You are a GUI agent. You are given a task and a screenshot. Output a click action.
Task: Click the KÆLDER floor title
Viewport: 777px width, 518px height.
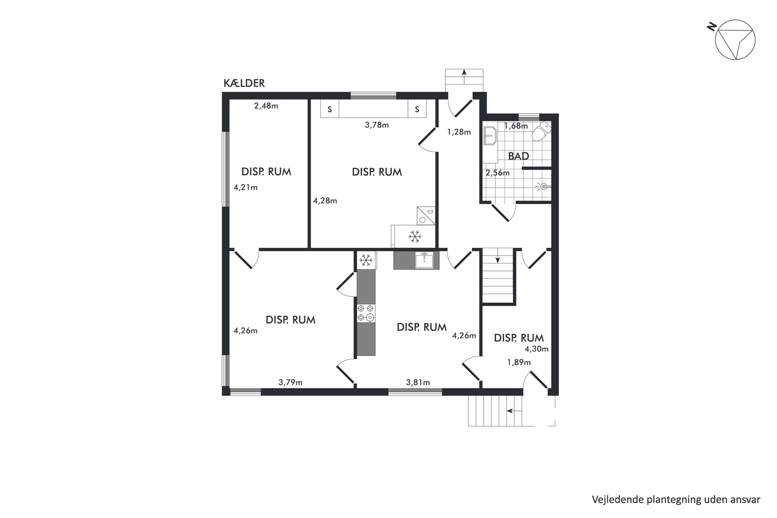coord(244,83)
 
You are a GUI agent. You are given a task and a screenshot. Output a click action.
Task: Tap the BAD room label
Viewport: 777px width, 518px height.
coord(519,156)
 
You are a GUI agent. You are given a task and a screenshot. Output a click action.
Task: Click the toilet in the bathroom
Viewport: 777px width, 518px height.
coord(541,131)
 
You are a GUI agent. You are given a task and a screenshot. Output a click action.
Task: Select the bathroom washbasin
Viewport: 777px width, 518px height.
coord(490,136)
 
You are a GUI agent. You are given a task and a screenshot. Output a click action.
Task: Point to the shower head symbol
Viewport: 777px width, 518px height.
coord(542,187)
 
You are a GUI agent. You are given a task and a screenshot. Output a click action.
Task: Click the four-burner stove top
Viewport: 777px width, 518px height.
coord(366,313)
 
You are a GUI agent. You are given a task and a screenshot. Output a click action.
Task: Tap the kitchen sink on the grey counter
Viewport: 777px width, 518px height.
coord(424,260)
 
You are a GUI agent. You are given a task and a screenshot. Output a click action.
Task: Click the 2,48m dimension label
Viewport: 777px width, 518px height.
coord(266,106)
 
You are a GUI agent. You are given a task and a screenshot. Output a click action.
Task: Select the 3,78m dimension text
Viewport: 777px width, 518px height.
coord(377,125)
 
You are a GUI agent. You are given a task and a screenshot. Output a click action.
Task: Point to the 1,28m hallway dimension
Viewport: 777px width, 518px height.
coord(459,132)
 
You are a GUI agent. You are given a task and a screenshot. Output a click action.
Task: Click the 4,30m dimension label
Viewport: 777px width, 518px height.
coord(537,349)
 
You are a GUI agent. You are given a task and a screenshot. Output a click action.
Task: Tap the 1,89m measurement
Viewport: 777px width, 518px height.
coord(519,363)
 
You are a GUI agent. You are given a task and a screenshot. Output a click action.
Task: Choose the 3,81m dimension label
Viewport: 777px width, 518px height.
coord(418,383)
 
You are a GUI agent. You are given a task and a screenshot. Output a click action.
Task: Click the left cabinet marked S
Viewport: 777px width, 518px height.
coord(330,109)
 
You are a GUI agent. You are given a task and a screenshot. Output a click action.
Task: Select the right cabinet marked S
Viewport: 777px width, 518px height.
coord(417,109)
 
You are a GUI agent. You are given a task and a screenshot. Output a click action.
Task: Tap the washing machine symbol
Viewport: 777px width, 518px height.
coord(426,216)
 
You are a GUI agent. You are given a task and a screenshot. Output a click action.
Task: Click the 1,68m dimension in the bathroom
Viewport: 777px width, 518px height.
coord(516,126)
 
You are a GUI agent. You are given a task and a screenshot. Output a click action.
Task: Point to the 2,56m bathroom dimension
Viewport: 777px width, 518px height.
coord(498,173)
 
